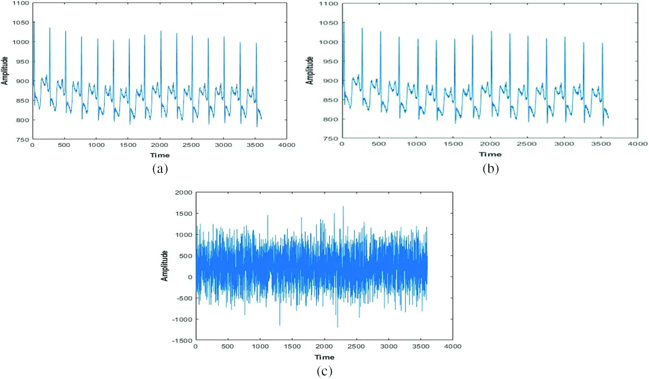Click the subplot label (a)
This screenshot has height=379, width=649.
click(160, 169)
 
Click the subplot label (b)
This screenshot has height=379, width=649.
click(491, 169)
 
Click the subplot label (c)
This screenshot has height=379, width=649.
click(324, 371)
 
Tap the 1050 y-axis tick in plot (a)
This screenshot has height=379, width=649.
click(21, 23)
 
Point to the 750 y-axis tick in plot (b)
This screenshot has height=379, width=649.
click(330, 139)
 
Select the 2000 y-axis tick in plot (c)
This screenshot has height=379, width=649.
click(184, 193)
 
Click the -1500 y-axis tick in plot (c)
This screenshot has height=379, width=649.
click(182, 341)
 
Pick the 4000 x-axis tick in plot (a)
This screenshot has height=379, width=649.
click(287, 145)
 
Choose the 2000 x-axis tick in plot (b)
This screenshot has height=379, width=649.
click(490, 144)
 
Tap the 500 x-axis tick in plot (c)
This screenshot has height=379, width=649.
click(227, 347)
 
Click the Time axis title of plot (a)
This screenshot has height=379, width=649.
click(160, 155)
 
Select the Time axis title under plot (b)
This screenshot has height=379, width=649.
click(490, 154)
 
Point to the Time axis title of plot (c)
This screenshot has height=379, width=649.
click(324, 357)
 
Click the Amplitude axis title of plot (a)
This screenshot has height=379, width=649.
click(4, 70)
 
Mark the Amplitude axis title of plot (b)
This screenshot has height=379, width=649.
click(309, 70)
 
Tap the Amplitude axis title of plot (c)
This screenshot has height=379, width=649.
click(164, 266)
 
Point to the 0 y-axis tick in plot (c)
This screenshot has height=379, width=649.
click(190, 277)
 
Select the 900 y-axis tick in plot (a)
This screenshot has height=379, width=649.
click(23, 81)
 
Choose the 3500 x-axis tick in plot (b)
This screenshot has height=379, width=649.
click(601, 144)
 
